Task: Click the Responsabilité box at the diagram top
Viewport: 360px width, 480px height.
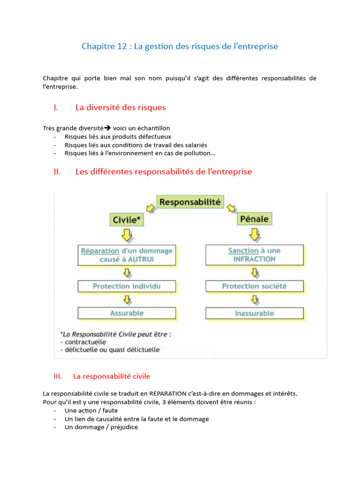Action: point(189,202)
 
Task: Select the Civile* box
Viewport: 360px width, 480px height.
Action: point(127,219)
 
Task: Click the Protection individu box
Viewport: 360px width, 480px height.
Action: point(127,286)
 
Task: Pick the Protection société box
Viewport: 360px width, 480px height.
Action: point(255,286)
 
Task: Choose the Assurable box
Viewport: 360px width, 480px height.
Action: point(127,313)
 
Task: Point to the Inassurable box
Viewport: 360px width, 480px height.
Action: point(255,313)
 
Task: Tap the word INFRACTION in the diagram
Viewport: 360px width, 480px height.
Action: point(255,259)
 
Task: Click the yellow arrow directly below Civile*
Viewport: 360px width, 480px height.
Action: point(127,235)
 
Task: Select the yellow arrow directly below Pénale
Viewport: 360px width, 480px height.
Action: point(255,234)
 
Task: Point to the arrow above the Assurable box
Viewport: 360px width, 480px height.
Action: point(127,300)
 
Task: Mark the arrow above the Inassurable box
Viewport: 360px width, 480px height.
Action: point(255,300)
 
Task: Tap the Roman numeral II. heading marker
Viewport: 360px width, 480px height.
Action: point(58,172)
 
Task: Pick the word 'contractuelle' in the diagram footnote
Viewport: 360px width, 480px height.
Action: point(86,342)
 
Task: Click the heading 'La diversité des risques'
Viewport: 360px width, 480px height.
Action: point(120,107)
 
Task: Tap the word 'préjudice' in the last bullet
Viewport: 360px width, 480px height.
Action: point(124,427)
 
